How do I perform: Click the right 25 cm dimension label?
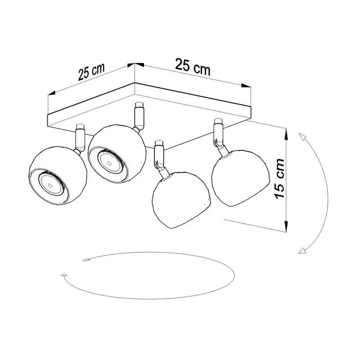(192, 67)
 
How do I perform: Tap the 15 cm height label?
(279, 179)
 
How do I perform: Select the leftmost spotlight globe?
(58, 175)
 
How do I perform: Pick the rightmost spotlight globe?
(241, 178)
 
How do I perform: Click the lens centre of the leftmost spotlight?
(50, 185)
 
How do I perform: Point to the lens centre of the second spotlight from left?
(109, 164)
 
